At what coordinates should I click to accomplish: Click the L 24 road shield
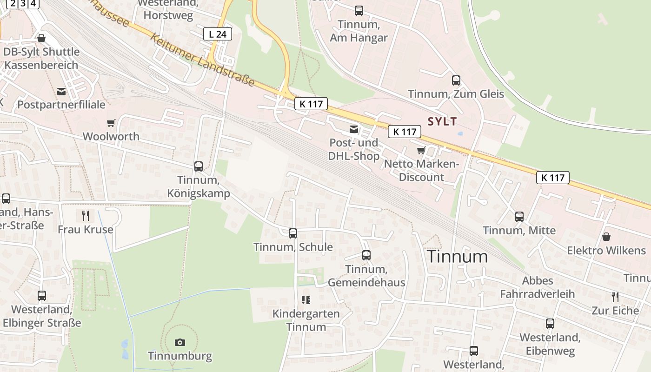[217, 33]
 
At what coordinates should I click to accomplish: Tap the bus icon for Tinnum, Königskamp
[199, 166]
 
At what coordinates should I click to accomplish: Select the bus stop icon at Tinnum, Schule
[293, 233]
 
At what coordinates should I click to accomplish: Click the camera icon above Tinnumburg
[180, 342]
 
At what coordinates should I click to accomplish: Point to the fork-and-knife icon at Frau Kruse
[85, 215]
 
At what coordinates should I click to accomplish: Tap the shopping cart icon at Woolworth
[111, 123]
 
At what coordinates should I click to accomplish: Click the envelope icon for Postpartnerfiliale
[61, 91]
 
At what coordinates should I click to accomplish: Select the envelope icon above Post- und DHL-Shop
[354, 129]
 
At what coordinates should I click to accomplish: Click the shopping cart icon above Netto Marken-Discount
[421, 150]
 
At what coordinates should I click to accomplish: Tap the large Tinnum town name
[458, 256]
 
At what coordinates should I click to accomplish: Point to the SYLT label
[442, 122]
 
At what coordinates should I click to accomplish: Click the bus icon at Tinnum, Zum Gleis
[456, 80]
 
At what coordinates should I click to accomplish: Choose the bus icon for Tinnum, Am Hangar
[359, 10]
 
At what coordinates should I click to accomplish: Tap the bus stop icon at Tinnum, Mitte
[519, 216]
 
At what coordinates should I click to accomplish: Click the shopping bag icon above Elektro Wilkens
[606, 237]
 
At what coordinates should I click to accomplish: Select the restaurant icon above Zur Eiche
[615, 296]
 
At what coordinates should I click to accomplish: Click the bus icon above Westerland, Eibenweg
[550, 323]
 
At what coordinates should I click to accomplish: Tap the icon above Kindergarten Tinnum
[306, 300]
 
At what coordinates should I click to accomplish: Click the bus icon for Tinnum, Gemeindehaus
[366, 255]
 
